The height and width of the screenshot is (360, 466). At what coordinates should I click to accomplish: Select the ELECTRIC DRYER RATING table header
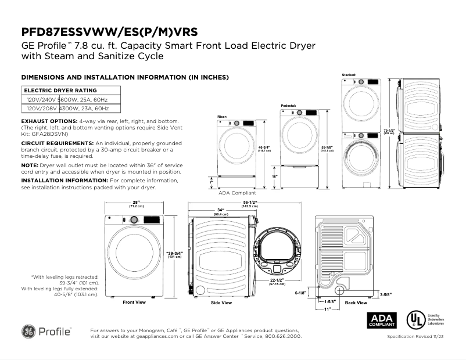tap(60, 91)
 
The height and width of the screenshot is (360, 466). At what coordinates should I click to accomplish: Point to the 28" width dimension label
tap(132, 203)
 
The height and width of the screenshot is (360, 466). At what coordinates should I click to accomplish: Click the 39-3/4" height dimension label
tap(174, 254)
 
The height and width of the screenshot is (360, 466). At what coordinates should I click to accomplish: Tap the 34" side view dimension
tap(221, 210)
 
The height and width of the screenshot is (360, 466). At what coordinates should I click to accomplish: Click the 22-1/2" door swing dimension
tap(277, 282)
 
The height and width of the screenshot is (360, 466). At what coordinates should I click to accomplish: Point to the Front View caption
tap(134, 303)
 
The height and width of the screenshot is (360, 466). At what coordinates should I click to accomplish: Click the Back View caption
tap(356, 303)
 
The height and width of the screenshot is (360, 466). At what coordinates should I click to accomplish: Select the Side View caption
tap(221, 303)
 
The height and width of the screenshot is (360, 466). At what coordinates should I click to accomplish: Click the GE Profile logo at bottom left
tap(46, 332)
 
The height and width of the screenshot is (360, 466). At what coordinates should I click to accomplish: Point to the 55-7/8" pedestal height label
tap(327, 148)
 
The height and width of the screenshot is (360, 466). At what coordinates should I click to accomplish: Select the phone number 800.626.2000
tap(282, 336)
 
